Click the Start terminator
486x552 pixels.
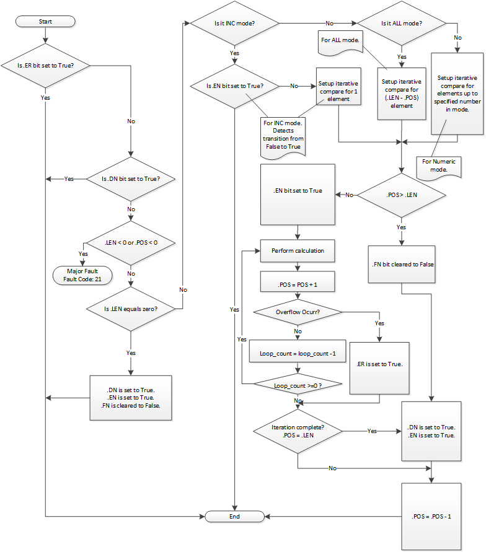(x=45, y=21)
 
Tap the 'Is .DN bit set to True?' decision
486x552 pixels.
(x=130, y=179)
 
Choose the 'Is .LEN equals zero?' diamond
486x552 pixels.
(x=130, y=308)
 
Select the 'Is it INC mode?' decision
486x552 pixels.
(x=234, y=24)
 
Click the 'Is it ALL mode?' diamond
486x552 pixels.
(x=402, y=24)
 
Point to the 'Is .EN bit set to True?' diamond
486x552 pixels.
(x=234, y=85)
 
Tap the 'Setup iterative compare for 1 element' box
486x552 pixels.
(x=338, y=90)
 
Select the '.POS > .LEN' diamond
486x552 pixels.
(x=402, y=195)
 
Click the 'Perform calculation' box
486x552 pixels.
(x=298, y=251)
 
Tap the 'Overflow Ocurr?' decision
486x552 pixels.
(x=298, y=311)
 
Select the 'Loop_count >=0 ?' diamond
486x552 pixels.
(x=298, y=385)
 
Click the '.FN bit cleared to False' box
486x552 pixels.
(x=401, y=263)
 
